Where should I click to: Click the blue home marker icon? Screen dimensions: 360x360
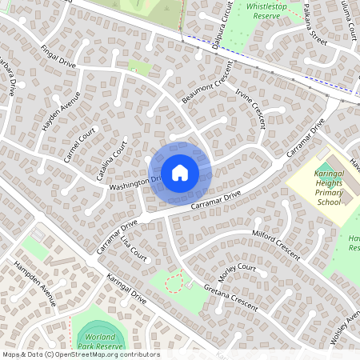[180, 172]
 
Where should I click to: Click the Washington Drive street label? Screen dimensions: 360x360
[134, 184]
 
